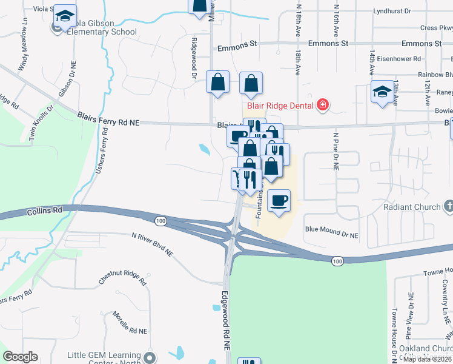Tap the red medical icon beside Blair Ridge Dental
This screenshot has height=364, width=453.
click(323, 105)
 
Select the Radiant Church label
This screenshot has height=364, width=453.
click(412, 207)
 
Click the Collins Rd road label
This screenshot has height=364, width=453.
click(45, 211)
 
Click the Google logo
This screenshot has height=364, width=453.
click(20, 357)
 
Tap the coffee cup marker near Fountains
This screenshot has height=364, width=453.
click(279, 201)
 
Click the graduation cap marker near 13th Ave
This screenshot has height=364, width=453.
click(382, 92)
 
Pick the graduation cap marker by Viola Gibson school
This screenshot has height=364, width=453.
click(64, 18)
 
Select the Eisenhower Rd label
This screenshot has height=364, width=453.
click(400, 59)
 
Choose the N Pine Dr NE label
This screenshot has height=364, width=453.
click(334, 150)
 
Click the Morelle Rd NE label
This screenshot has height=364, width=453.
click(130, 323)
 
